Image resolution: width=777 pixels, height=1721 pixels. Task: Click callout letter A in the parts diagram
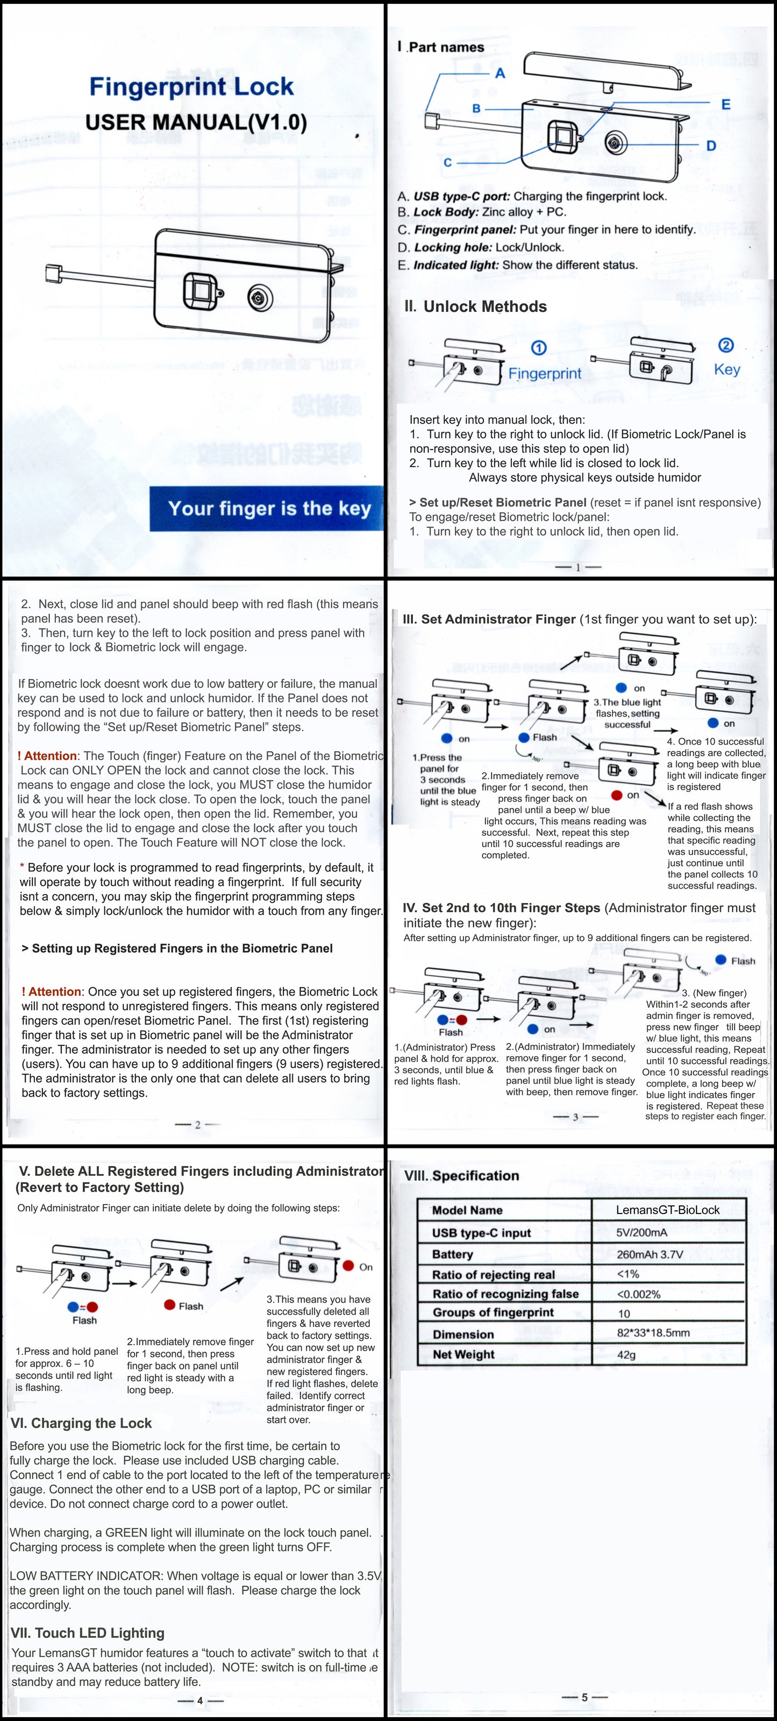(500, 74)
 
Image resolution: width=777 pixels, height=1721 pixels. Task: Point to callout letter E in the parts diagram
(725, 104)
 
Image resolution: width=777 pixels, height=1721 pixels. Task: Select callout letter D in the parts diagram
(711, 146)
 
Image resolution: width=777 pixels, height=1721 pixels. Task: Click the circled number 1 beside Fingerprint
(538, 348)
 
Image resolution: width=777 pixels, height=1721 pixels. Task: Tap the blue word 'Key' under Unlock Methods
(727, 369)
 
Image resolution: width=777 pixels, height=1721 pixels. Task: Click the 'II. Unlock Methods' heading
(476, 306)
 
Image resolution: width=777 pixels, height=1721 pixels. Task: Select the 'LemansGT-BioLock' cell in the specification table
(667, 1210)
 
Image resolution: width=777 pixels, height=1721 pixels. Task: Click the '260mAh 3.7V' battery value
(650, 1254)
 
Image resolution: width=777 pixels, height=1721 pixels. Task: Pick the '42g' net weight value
(626, 1354)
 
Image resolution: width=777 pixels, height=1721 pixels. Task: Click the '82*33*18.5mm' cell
(653, 1333)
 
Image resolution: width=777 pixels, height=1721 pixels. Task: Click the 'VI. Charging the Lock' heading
(82, 1423)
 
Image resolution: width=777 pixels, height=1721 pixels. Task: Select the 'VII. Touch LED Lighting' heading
(88, 1633)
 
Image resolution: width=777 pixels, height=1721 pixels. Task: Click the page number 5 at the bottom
(584, 1697)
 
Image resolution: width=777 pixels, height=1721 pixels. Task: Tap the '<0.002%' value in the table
(638, 1294)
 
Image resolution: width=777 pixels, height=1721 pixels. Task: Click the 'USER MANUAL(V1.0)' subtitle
(196, 122)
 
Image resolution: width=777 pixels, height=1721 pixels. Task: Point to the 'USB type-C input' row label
(481, 1233)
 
